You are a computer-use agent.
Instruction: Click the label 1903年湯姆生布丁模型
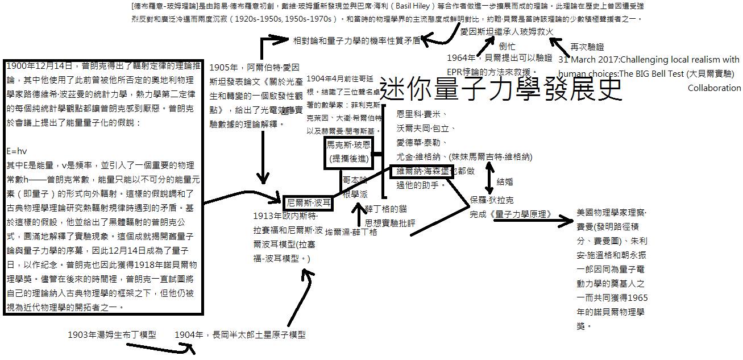pos(111,334)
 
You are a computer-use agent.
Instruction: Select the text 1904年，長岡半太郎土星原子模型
pos(240,335)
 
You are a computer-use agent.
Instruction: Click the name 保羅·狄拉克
pos(492,200)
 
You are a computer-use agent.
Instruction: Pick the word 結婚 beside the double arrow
pos(505,182)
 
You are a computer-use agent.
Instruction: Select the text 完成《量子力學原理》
pos(511,214)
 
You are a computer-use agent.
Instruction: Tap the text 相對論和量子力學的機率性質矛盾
pos(356,40)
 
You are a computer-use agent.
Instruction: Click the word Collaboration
pos(714,88)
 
